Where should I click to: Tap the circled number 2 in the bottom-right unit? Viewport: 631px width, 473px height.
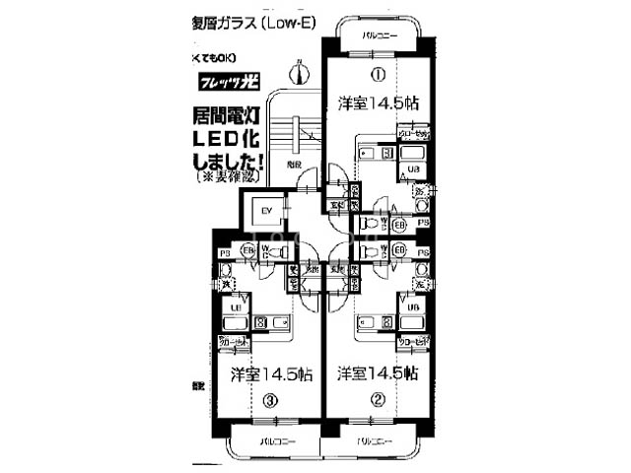coord(376,400)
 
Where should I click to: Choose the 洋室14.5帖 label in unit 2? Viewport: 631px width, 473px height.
coord(376,374)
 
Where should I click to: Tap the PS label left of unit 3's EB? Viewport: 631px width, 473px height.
coord(224,253)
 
